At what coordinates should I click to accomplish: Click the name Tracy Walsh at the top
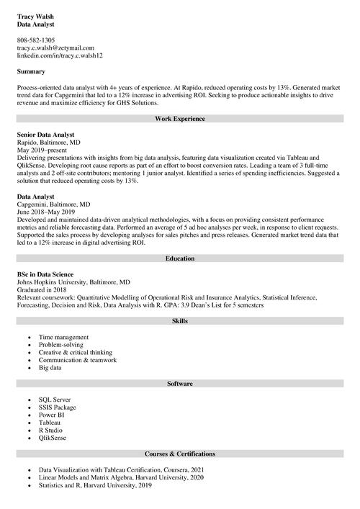point(35,16)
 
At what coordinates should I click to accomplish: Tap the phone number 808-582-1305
point(35,40)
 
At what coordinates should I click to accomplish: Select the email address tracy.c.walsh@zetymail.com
point(55,48)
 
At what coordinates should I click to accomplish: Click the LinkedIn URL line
point(60,55)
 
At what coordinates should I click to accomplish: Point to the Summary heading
point(31,71)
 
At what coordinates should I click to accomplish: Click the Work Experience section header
point(180,118)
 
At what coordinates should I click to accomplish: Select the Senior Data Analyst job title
point(45,135)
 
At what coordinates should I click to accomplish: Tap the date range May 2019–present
point(41,150)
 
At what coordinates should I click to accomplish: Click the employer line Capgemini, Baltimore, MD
point(53,204)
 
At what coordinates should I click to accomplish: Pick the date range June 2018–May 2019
point(45,212)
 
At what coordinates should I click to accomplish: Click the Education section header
point(180,257)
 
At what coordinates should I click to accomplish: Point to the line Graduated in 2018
point(42,289)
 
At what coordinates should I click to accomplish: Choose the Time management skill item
point(64,337)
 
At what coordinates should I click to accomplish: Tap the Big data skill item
point(50,367)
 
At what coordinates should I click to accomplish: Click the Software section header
point(180,384)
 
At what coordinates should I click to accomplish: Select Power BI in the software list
point(53,415)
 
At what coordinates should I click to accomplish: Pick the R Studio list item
point(53,430)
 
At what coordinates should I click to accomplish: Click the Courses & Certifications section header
point(180,454)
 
